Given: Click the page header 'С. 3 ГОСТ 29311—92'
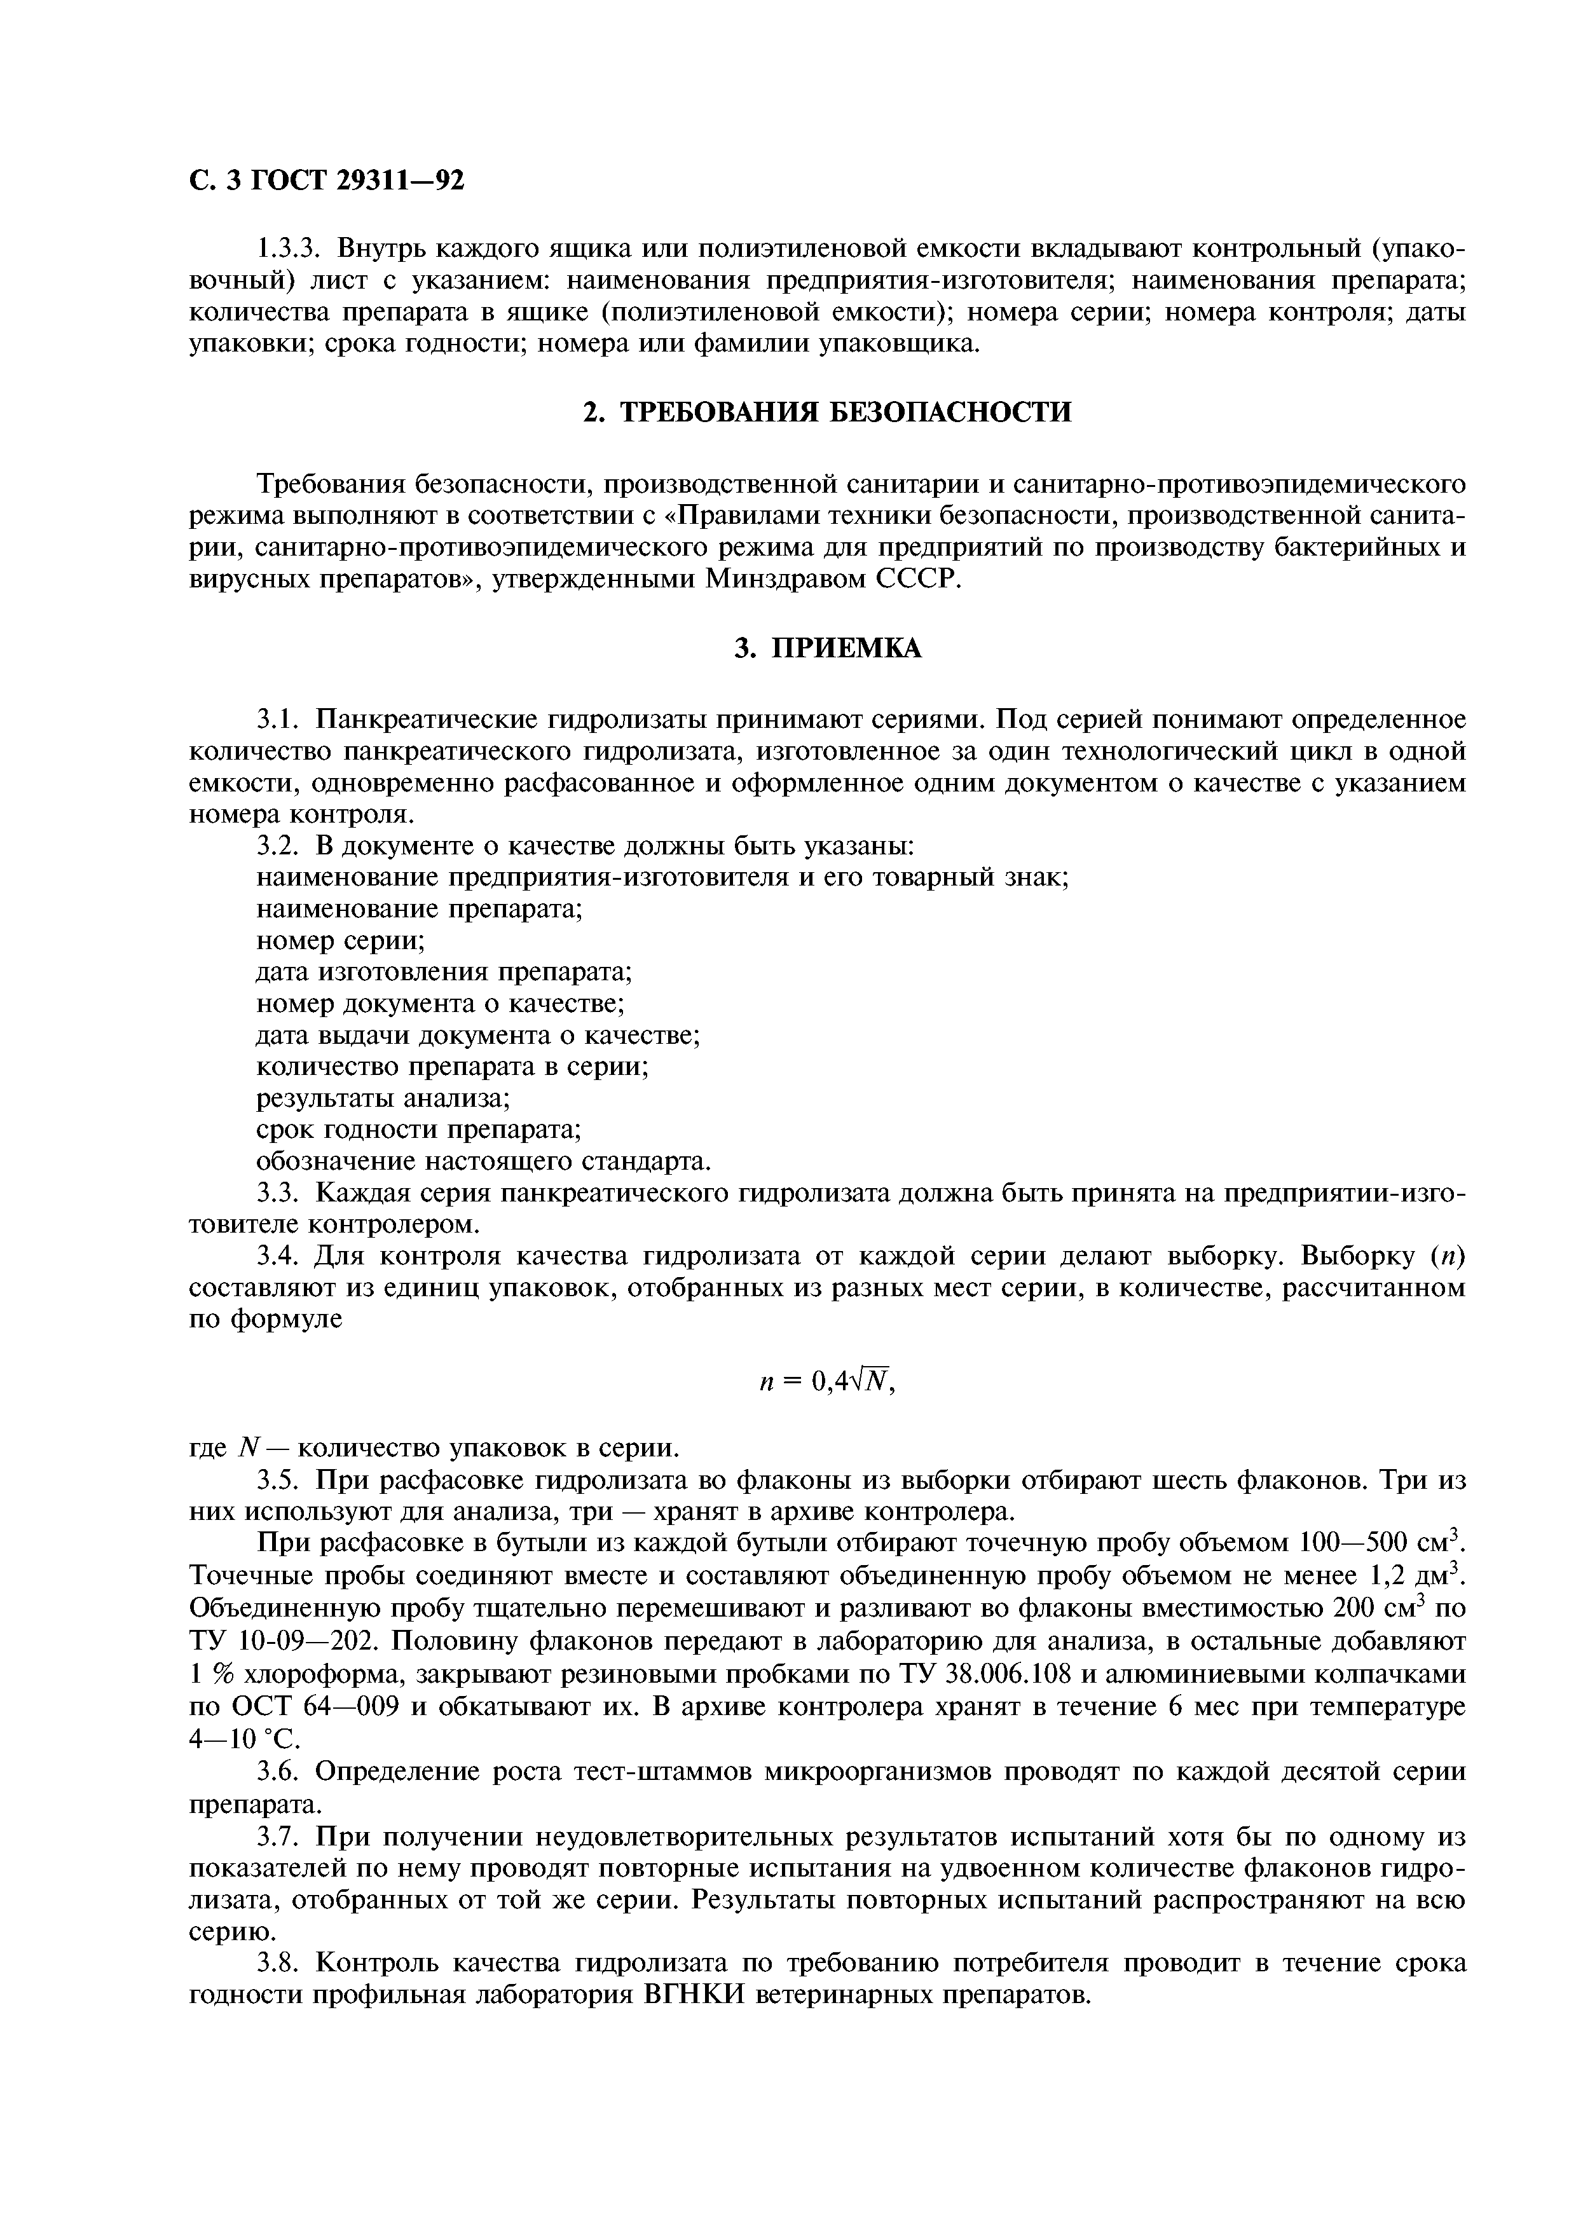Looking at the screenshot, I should pos(326,181).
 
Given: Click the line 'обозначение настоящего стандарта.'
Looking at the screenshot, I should pos(484,1161).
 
